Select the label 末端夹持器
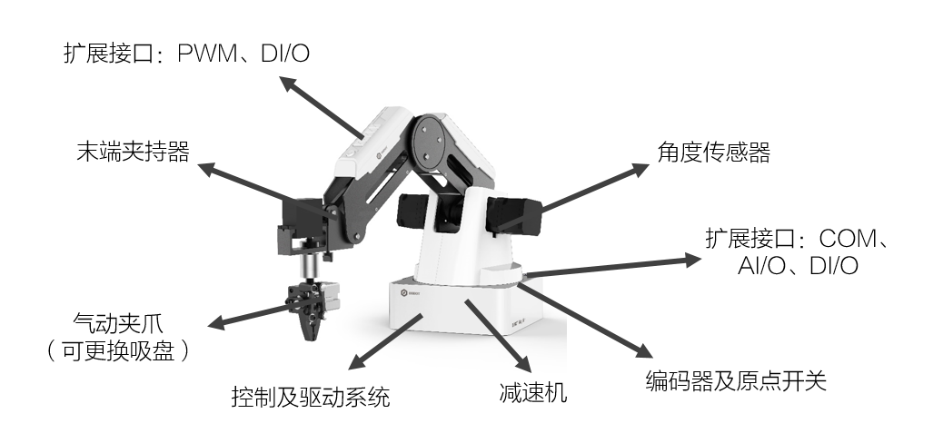(133, 152)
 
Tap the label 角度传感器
(713, 153)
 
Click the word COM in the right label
(850, 240)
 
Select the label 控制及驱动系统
(311, 397)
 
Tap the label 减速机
(532, 393)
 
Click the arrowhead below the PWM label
(285, 83)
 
